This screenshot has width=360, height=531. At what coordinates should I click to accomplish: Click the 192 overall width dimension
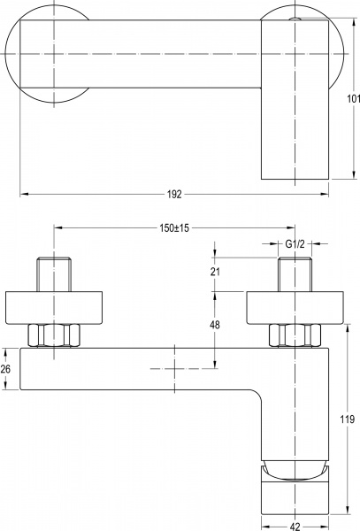174,195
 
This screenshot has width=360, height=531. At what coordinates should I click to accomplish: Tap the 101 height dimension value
353,99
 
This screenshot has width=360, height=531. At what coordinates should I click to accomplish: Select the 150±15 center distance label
174,228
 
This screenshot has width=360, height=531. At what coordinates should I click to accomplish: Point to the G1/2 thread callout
295,244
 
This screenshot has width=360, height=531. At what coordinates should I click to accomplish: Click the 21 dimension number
215,272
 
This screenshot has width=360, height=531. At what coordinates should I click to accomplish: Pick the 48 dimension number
215,325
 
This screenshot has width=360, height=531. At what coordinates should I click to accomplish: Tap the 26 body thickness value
5,369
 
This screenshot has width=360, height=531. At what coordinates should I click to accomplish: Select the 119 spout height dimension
347,419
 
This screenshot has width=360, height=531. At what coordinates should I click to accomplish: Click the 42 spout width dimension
295,526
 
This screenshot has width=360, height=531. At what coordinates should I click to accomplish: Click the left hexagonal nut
54,335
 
